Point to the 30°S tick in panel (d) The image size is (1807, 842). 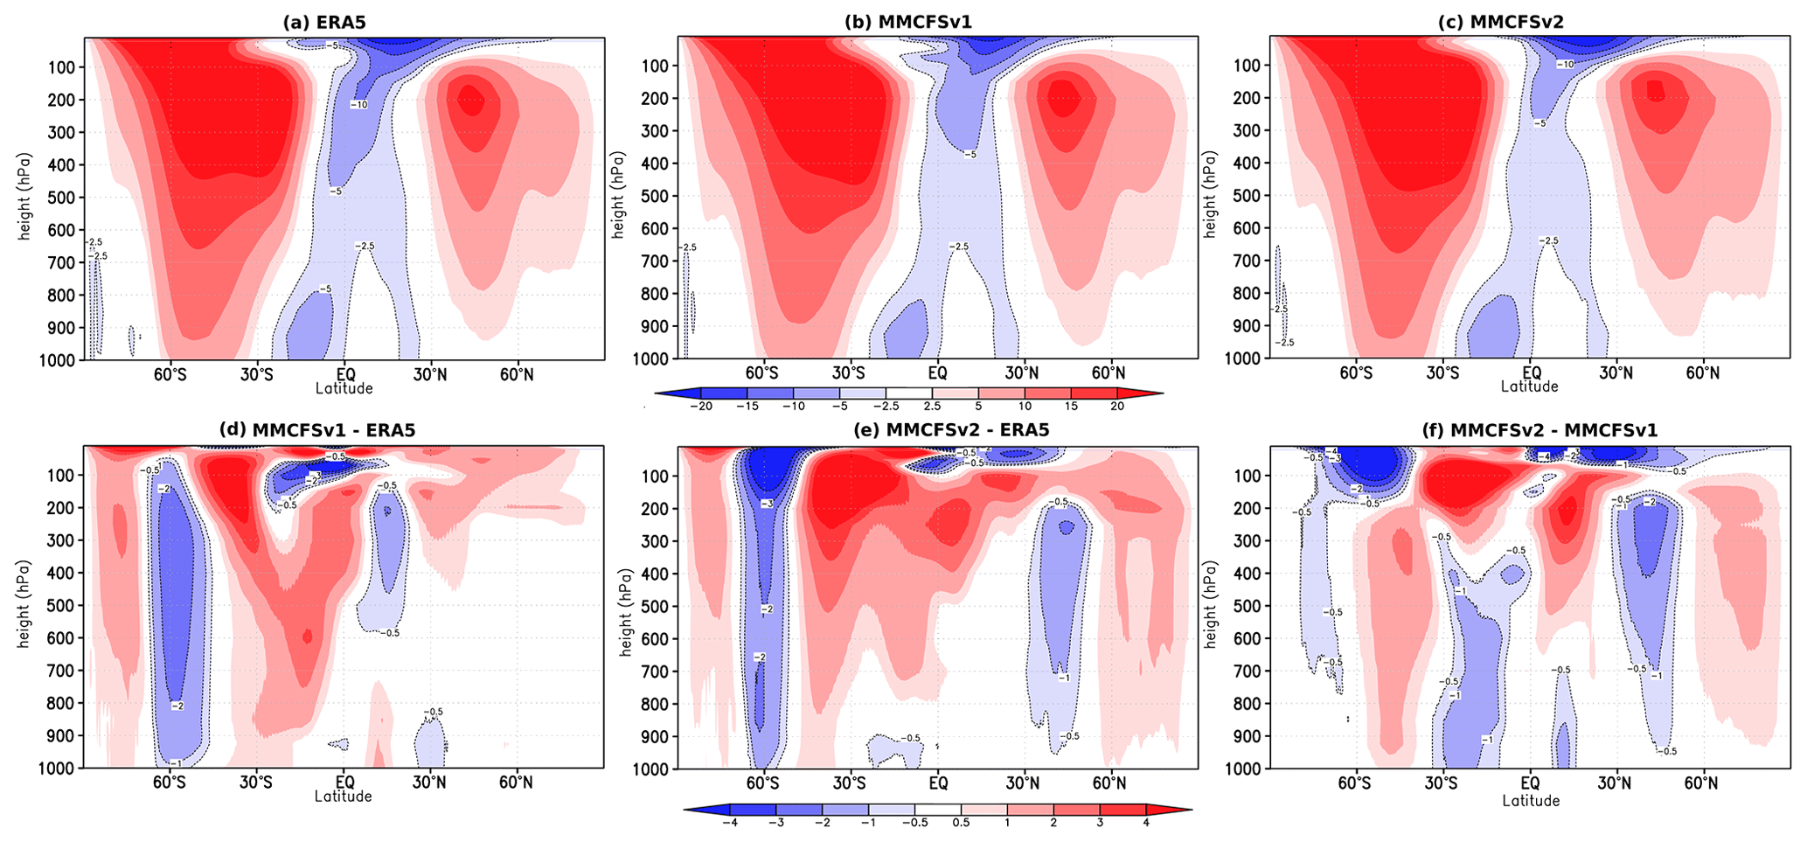[257, 782]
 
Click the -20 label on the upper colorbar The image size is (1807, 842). [700, 407]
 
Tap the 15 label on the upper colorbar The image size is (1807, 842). [1071, 407]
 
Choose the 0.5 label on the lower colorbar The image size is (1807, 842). [961, 822]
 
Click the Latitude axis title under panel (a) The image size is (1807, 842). [344, 388]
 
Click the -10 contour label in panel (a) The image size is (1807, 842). [358, 105]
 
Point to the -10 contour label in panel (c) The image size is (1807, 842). [1566, 65]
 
